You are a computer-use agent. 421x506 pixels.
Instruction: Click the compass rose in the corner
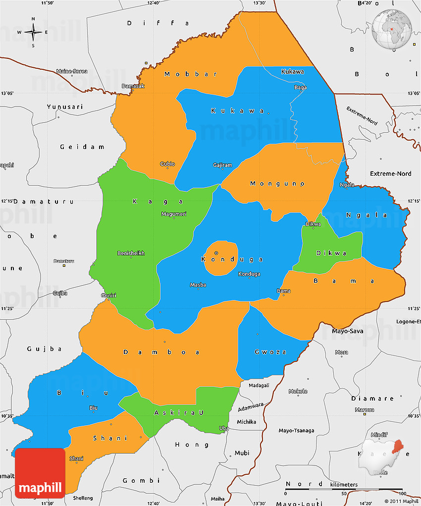pyautogui.click(x=33, y=33)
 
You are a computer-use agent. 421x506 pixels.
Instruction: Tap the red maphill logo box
pyautogui.click(x=40, y=473)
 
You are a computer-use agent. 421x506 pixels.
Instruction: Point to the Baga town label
pyautogui.click(x=301, y=88)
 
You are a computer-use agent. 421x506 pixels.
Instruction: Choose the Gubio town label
pyautogui.click(x=167, y=164)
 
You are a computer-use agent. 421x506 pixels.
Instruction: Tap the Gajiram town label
pyautogui.click(x=222, y=165)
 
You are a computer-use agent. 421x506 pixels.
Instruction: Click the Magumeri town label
pyautogui.click(x=173, y=214)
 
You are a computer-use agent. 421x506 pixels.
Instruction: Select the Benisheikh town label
pyautogui.click(x=131, y=253)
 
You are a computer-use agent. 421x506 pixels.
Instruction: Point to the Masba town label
pyautogui.click(x=198, y=285)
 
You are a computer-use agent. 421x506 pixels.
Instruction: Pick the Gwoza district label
pyautogui.click(x=270, y=352)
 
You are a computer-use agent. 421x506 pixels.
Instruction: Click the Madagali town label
pyautogui.click(x=259, y=385)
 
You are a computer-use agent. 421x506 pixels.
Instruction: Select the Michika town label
pyautogui.click(x=246, y=422)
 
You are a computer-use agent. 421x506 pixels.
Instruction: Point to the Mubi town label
pyautogui.click(x=242, y=453)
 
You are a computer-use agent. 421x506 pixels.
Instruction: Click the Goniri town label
pyautogui.click(x=108, y=296)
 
